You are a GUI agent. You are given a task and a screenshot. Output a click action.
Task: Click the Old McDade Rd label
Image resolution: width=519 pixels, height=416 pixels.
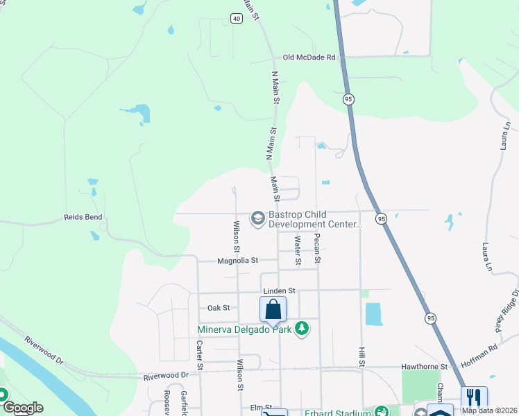click(309, 58)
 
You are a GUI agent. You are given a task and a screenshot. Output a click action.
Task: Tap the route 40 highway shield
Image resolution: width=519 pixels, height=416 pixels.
click(237, 19)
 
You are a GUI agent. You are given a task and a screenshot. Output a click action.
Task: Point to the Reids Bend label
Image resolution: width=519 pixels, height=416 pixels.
click(84, 217)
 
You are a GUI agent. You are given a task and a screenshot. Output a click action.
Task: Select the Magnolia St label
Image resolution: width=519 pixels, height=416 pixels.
click(237, 261)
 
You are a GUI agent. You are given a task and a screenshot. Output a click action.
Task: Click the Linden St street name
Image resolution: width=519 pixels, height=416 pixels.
click(279, 291)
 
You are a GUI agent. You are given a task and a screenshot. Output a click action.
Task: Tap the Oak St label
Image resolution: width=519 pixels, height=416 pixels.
click(218, 307)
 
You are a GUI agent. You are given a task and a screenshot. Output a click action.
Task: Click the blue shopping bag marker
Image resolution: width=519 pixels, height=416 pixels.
click(273, 309)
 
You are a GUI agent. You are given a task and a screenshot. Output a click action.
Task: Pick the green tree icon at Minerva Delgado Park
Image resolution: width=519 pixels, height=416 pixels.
click(301, 328)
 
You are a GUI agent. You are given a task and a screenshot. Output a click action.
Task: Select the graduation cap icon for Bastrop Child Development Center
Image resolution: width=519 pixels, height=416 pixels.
click(257, 218)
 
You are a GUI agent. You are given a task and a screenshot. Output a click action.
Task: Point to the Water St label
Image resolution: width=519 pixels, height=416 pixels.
click(297, 251)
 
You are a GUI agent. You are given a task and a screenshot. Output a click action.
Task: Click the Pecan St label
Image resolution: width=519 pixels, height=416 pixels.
click(317, 248)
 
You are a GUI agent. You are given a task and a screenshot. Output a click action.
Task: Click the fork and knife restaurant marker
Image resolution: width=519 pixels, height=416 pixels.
click(474, 398)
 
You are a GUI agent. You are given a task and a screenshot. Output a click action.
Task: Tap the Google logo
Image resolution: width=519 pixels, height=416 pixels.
click(23, 408)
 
